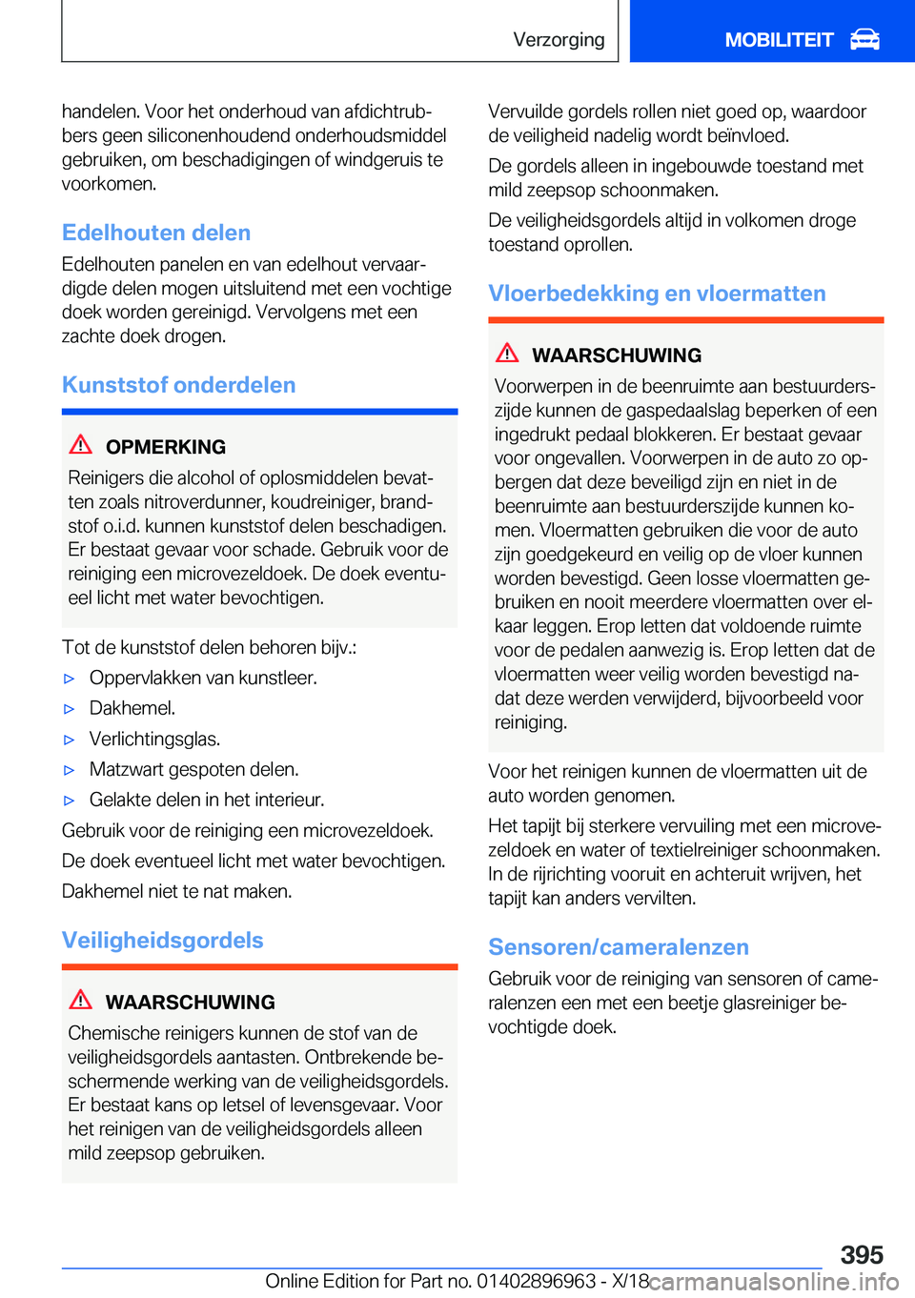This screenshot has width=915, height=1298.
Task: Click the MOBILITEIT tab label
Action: [779, 40]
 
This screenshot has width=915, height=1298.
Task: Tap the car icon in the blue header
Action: [864, 39]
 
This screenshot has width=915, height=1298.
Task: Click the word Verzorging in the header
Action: [559, 40]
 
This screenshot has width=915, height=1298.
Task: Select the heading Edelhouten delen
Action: [156, 233]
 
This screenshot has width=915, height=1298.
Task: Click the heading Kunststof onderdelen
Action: [178, 385]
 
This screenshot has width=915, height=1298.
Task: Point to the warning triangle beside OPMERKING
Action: [81, 444]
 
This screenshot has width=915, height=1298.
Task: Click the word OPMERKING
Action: [166, 447]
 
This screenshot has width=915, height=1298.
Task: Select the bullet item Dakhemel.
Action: [132, 708]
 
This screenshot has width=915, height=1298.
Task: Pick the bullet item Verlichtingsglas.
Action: [154, 739]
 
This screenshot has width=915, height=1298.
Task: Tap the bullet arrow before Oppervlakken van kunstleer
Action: [69, 679]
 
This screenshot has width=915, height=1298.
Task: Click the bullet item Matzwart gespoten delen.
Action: [193, 769]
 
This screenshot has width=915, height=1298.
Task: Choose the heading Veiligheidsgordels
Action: [163, 941]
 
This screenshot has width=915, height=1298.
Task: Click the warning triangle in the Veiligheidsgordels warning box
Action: [81, 1000]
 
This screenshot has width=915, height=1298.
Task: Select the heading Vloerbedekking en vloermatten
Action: [657, 294]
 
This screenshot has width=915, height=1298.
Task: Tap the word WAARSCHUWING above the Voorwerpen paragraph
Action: [617, 355]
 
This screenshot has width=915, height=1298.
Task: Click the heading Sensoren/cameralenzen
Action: [619, 947]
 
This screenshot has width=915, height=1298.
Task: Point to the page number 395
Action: [862, 1254]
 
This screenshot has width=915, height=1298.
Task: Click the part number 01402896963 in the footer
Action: [537, 1281]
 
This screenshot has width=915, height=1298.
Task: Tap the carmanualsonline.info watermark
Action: [773, 1282]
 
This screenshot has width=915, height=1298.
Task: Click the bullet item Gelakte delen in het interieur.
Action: [207, 800]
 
